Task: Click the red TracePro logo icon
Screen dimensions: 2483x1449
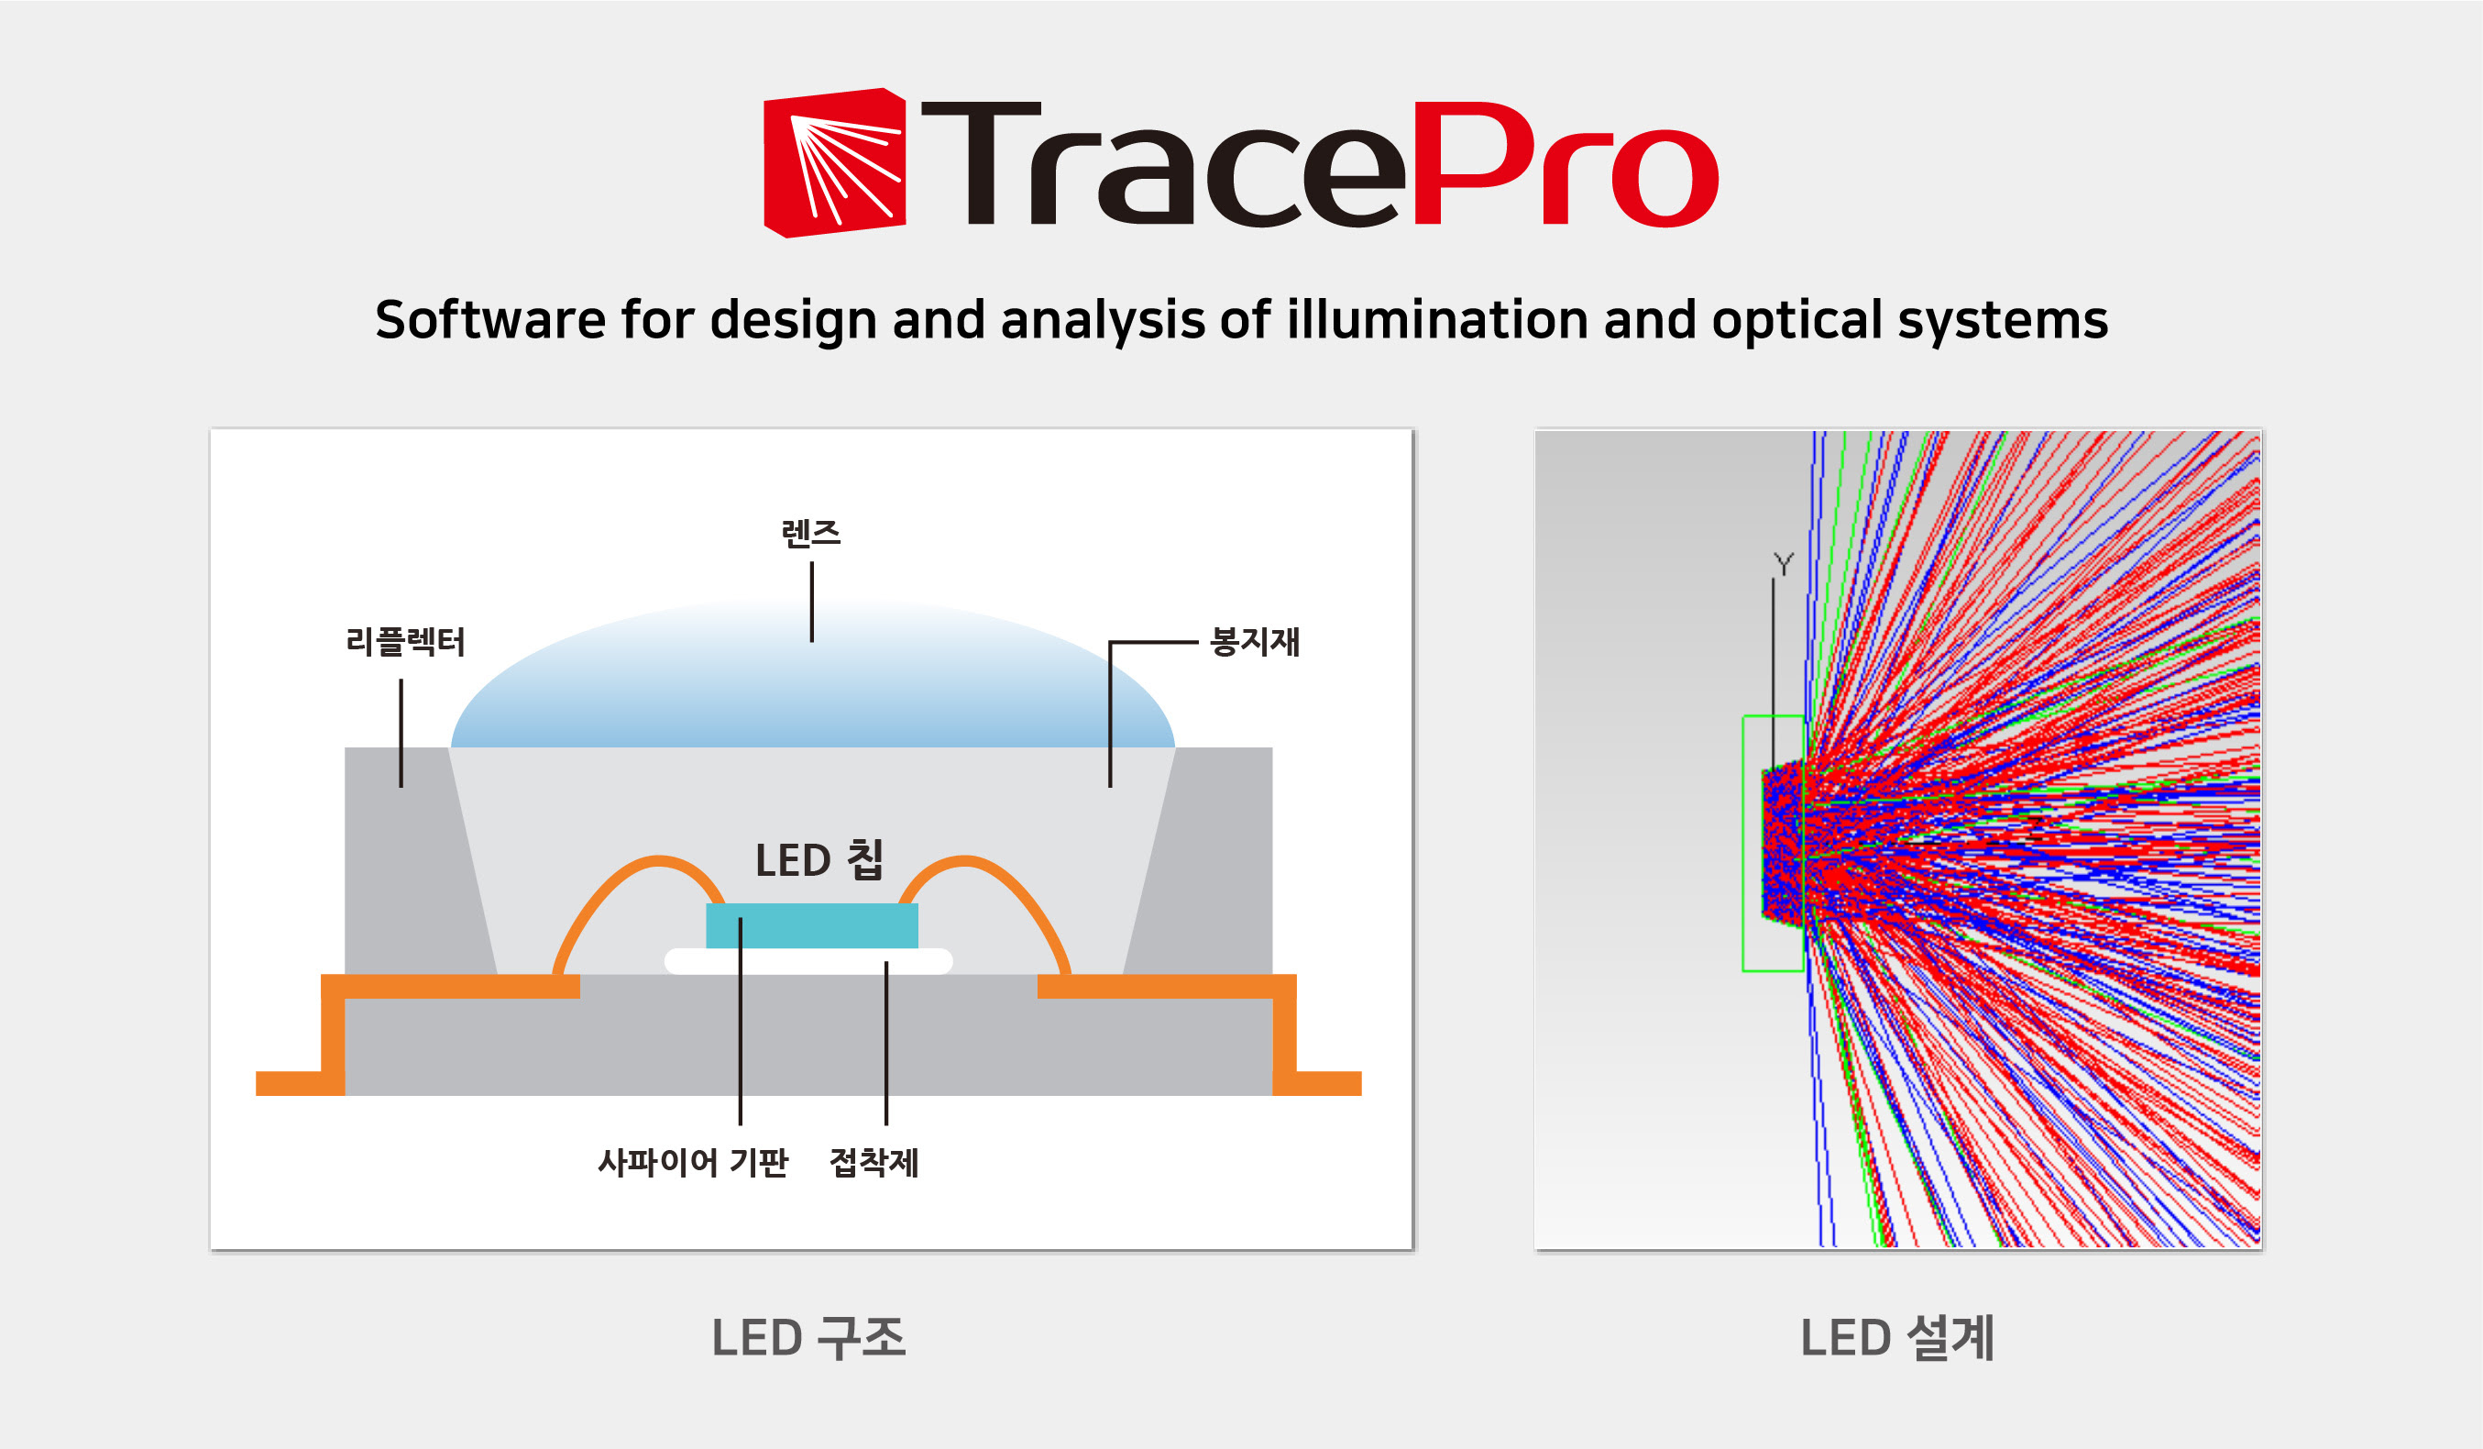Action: (x=835, y=162)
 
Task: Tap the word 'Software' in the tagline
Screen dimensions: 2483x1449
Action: (x=489, y=319)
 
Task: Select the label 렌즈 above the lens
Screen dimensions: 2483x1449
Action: (x=811, y=533)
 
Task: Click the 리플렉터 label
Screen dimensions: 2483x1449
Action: (x=405, y=642)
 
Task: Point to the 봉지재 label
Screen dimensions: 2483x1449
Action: (x=1256, y=642)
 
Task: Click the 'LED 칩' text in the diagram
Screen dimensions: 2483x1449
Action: (x=819, y=859)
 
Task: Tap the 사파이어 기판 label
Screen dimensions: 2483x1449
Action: (x=693, y=1162)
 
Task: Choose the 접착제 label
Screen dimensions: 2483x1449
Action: (x=874, y=1162)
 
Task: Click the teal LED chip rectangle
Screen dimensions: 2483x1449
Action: (x=812, y=925)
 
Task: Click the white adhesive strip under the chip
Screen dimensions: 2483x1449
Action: (x=808, y=961)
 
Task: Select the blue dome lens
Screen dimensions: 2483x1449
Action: (x=812, y=674)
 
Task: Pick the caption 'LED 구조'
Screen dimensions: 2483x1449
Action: (x=808, y=1338)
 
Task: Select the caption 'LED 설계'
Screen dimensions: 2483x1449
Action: (x=1896, y=1338)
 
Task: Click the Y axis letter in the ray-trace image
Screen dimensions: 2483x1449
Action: (x=1784, y=564)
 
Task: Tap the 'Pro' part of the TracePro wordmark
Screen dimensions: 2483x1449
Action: (x=1566, y=163)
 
